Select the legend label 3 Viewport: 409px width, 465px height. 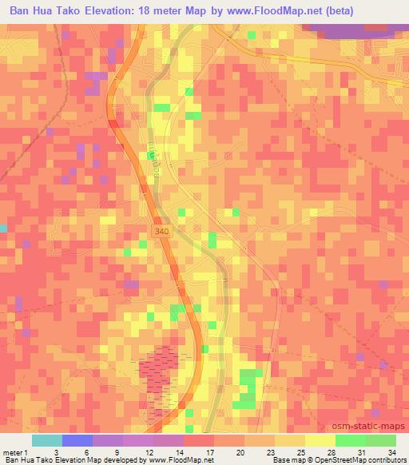56,451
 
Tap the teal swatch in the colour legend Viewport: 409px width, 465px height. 47,440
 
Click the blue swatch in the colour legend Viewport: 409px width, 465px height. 77,440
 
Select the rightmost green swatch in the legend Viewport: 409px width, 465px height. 381,440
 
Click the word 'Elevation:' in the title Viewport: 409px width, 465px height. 123,10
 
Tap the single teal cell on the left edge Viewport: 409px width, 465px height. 3,229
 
